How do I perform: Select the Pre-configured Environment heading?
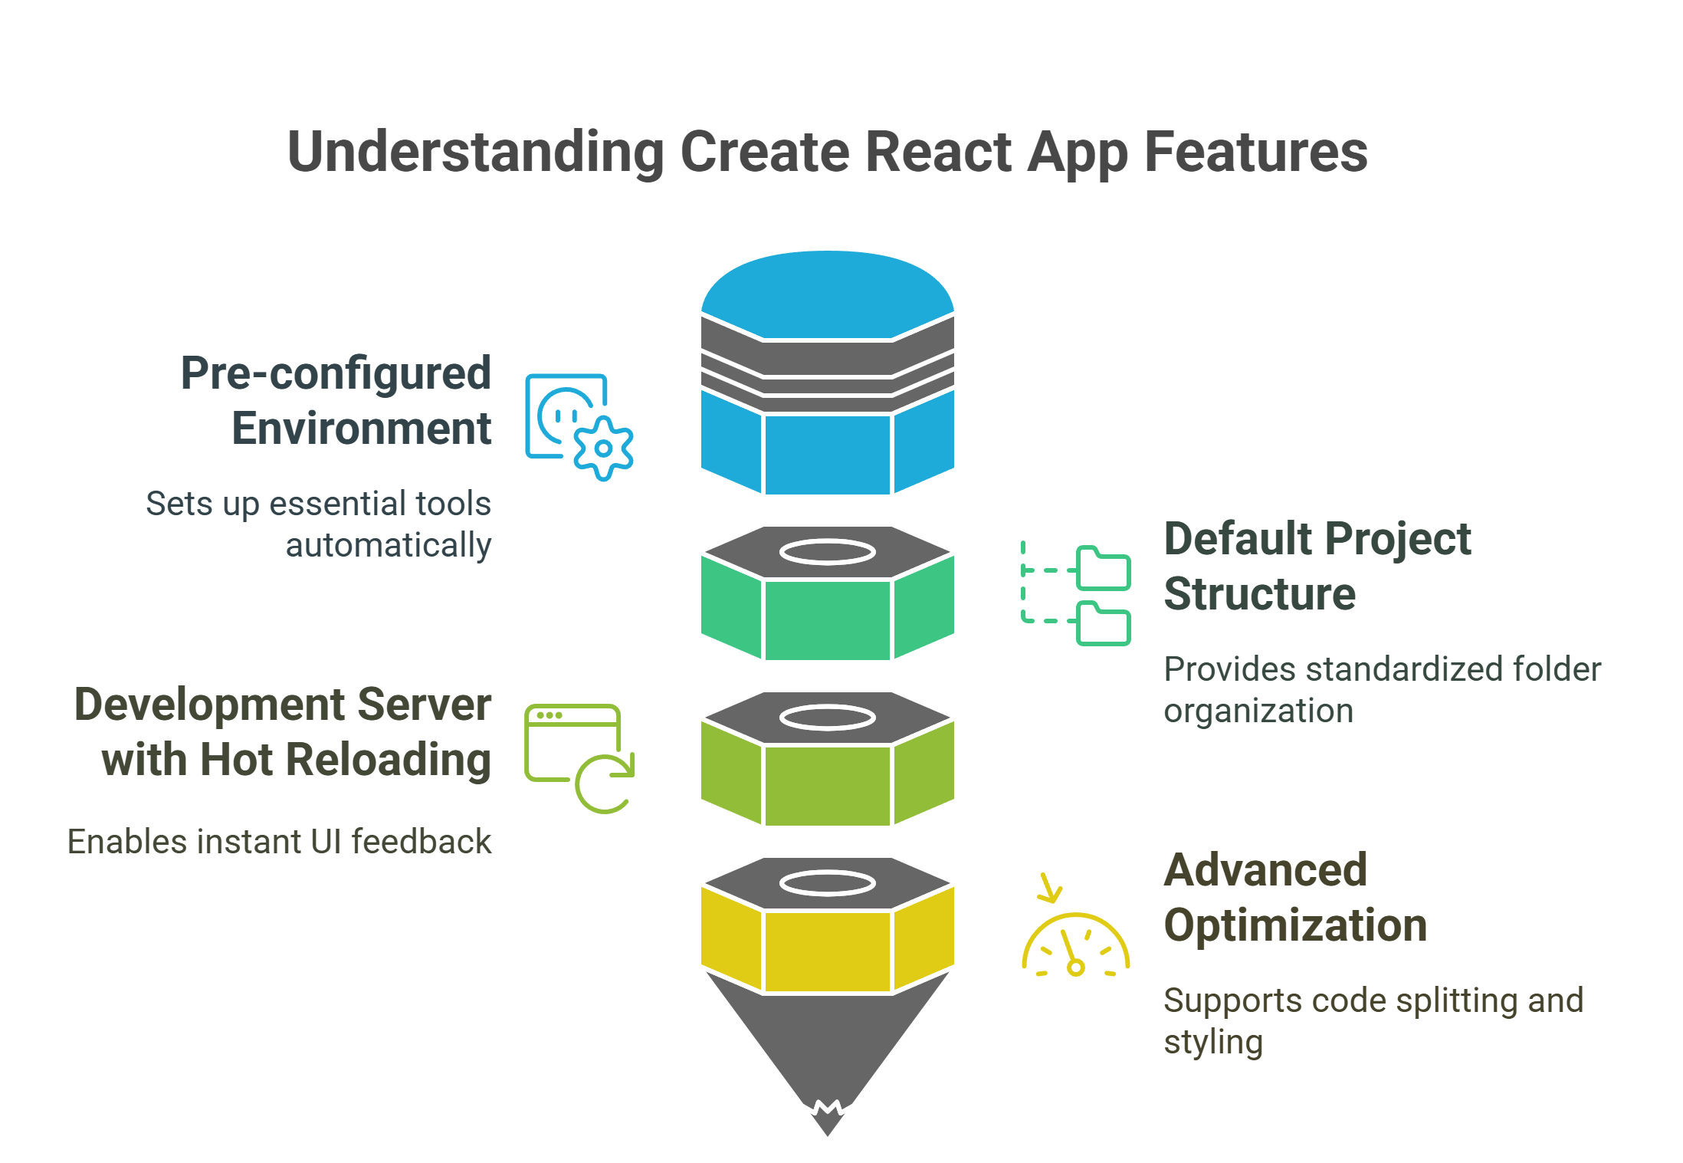[x=336, y=400]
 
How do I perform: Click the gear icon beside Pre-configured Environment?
[x=603, y=448]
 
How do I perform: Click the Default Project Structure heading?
[x=1317, y=566]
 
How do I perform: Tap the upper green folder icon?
[x=1103, y=568]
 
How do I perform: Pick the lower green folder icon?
[x=1103, y=624]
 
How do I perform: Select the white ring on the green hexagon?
[x=827, y=552]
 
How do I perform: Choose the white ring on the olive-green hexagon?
[x=827, y=718]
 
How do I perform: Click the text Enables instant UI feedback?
[x=279, y=842]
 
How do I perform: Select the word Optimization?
[x=1295, y=925]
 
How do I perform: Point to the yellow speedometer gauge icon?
[x=1075, y=947]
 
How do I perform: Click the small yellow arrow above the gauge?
[x=1048, y=889]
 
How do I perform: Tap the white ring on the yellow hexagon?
[x=827, y=883]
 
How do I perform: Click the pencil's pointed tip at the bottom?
[x=827, y=1124]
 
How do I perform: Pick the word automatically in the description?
[x=388, y=546]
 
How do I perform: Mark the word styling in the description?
[x=1213, y=1043]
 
